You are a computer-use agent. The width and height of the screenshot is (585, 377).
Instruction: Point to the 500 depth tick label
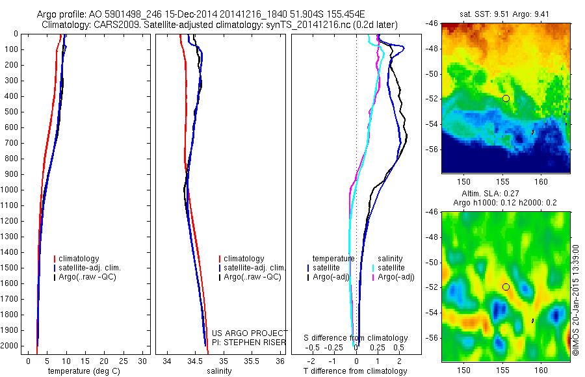(x=12, y=112)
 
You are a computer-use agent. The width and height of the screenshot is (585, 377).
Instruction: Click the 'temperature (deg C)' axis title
(x=82, y=371)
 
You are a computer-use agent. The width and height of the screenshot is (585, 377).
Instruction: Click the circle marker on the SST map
(x=506, y=98)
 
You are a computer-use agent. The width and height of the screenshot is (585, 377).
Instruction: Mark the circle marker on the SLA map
(x=506, y=287)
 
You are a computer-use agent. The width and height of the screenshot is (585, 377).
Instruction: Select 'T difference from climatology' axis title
(x=355, y=371)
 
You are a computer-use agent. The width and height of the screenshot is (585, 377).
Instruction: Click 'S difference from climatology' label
(x=356, y=338)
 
